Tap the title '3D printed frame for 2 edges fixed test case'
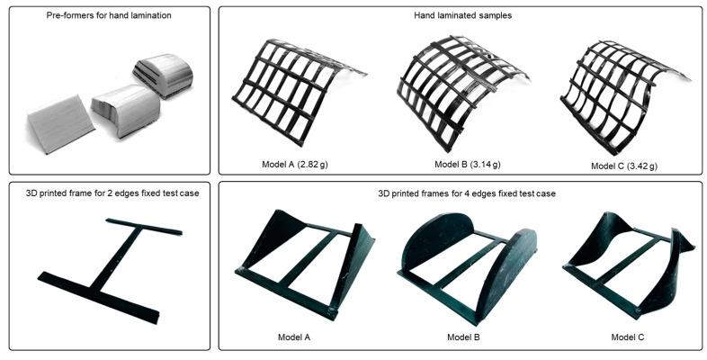tap(109, 194)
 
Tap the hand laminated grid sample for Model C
tap(621, 90)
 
